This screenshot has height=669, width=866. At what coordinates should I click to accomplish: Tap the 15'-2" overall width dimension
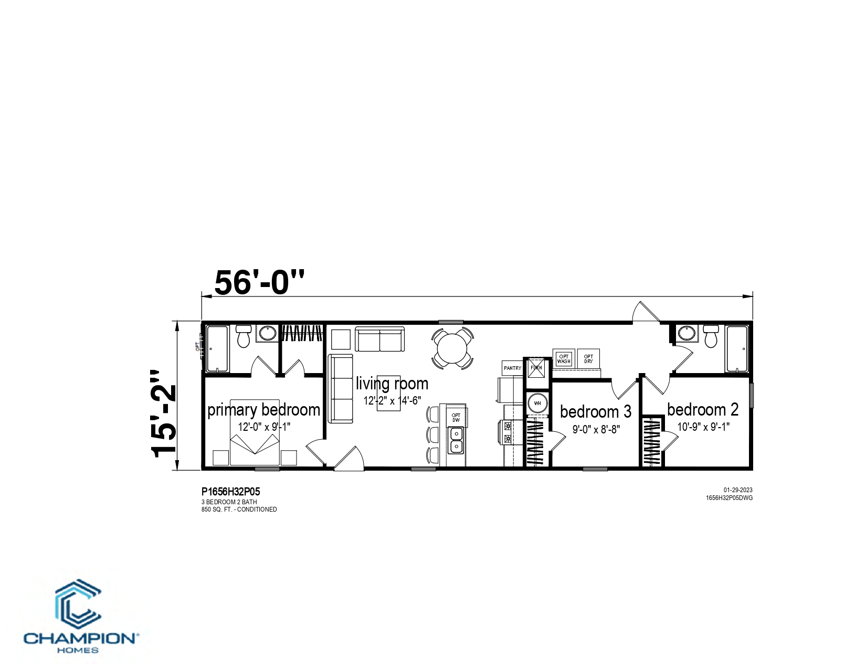click(163, 415)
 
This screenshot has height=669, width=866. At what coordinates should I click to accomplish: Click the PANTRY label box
click(512, 368)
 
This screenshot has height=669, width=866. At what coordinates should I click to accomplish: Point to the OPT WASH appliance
click(564, 358)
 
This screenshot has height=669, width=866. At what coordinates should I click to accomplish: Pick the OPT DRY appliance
click(588, 358)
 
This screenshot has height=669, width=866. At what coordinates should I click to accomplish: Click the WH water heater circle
click(537, 403)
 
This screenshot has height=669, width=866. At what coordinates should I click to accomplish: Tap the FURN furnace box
click(536, 368)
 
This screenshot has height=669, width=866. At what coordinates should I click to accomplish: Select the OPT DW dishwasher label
click(456, 418)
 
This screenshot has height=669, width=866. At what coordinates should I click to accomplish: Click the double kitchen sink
click(456, 440)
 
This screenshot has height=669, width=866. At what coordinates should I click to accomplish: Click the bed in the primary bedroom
click(255, 432)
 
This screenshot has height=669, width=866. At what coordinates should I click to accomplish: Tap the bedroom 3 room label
click(595, 411)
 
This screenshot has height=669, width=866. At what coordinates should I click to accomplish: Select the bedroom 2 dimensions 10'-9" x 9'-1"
click(703, 427)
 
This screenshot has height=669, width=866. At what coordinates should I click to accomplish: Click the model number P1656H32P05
click(230, 492)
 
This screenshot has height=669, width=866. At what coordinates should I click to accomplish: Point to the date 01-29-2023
click(738, 490)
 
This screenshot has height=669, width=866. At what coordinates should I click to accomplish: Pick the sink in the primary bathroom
click(267, 333)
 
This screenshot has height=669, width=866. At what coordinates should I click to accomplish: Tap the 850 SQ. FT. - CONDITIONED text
click(239, 509)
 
